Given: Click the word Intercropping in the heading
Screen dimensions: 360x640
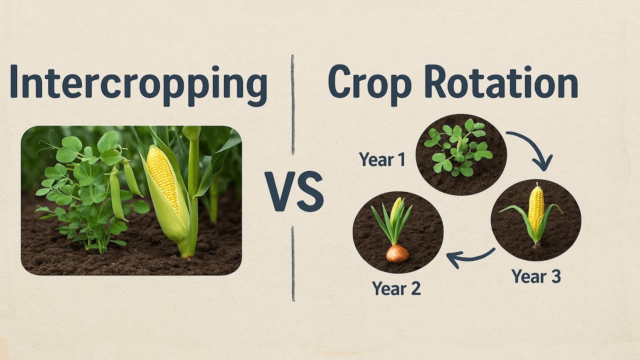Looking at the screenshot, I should (x=138, y=83).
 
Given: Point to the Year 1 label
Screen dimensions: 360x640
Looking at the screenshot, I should (x=381, y=160).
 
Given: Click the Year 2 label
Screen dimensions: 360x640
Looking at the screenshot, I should (x=396, y=288).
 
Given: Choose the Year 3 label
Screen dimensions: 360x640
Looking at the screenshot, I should (x=536, y=276).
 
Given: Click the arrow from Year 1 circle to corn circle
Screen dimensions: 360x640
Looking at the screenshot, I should (x=532, y=147).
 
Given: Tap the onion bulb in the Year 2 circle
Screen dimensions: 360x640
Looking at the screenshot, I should (x=397, y=253).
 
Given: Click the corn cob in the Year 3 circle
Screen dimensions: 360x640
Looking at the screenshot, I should (x=536, y=209).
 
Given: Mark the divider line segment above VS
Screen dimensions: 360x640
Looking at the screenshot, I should (x=292, y=105).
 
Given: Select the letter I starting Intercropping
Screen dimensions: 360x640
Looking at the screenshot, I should (x=14, y=81).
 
